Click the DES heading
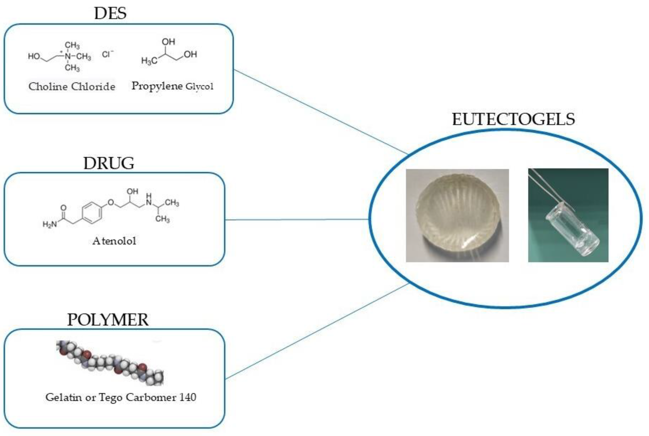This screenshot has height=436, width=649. [110, 13]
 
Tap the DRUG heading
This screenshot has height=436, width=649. [109, 163]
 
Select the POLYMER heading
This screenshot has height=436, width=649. [108, 320]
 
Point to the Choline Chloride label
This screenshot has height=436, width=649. [72, 87]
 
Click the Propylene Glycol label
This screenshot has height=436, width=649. [172, 86]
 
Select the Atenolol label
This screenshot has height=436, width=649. [114, 241]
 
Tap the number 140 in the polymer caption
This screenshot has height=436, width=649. [188, 397]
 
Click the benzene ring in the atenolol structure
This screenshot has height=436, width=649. [92, 213]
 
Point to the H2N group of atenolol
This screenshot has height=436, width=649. [49, 224]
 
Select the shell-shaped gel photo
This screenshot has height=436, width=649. [457, 216]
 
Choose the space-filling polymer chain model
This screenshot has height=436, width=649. [110, 363]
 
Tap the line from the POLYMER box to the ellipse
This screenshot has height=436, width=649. [317, 331]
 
